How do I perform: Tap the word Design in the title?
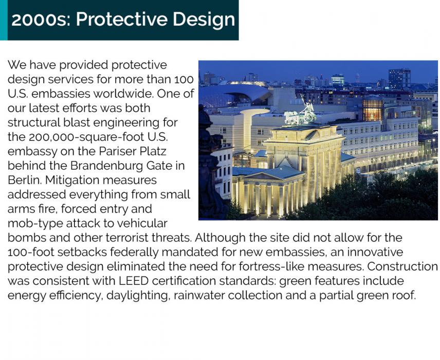click(204, 20)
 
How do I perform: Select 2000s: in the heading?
click(41, 20)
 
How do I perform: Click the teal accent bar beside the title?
click(4, 20)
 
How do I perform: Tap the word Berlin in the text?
click(24, 180)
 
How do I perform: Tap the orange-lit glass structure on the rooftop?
click(373, 110)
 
